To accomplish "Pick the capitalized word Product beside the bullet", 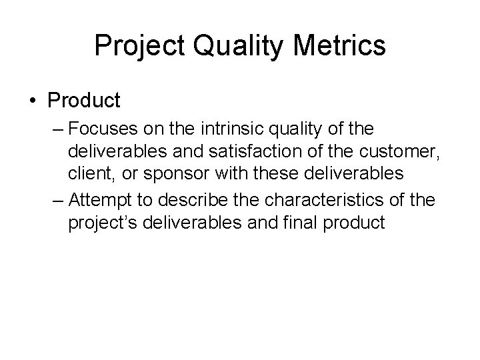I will click(84, 101).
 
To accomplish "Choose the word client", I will click(87, 173).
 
